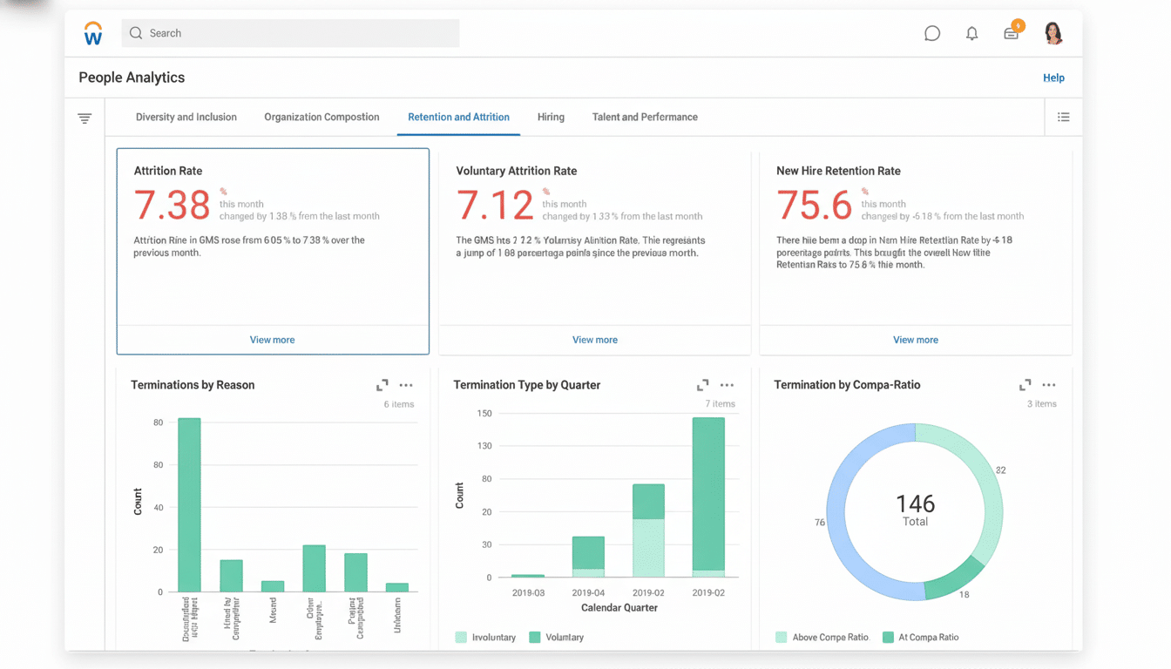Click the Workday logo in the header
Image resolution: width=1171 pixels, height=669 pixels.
pos(93,33)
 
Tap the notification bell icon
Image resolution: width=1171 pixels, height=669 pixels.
pos(971,34)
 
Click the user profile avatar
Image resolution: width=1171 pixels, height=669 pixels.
pos(1053,33)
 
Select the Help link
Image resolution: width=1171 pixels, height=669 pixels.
pos(1053,78)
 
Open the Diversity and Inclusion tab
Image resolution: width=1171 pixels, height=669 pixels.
pos(186,117)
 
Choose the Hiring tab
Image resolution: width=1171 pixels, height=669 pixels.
pos(551,117)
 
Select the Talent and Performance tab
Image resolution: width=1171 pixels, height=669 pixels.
pos(645,117)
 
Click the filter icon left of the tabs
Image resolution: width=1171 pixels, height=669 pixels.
pos(85,118)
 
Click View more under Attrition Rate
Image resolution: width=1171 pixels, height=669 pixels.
pos(272,340)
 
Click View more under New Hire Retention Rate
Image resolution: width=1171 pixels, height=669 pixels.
pos(915,340)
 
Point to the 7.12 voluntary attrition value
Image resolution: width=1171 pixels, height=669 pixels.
pos(494,206)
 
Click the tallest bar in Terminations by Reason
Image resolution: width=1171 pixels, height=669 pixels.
pos(189,505)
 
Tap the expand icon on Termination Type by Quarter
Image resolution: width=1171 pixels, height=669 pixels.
pos(702,385)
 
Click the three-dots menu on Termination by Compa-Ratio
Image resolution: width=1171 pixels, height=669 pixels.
pos(1048,385)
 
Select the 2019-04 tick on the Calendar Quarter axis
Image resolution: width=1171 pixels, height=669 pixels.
pos(588,592)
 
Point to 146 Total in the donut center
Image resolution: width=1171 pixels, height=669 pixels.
pos(915,510)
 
